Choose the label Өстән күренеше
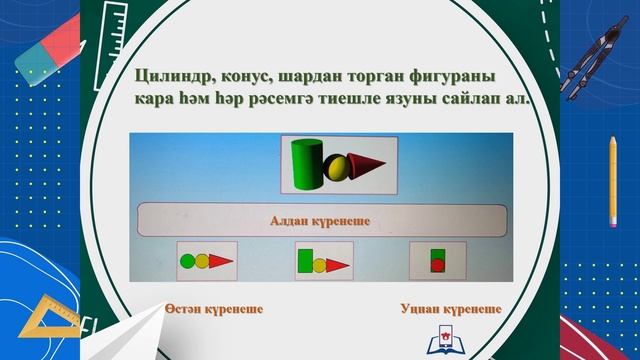(214, 310)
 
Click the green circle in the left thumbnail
(187, 263)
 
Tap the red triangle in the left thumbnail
(220, 262)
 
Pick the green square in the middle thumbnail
(305, 260)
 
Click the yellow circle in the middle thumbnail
(320, 266)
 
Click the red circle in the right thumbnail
(437, 265)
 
